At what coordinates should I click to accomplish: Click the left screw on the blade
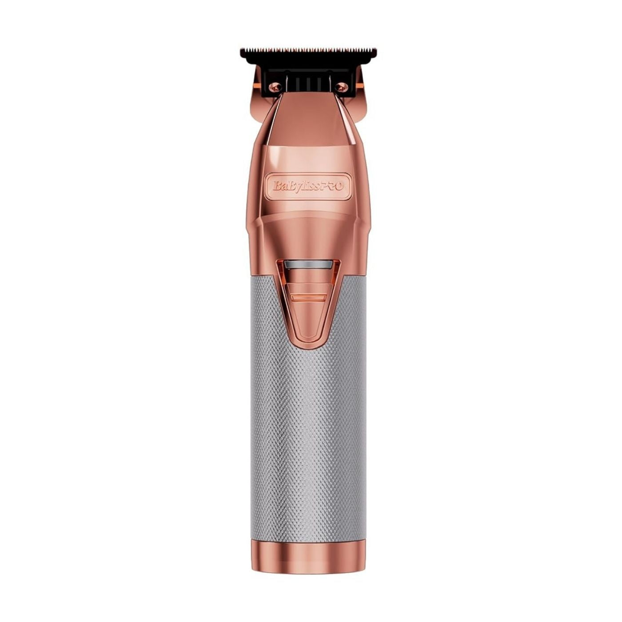click(x=275, y=88)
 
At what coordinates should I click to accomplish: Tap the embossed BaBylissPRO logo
click(x=308, y=186)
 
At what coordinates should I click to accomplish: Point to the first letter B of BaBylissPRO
click(x=276, y=186)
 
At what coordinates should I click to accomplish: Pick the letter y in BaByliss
click(x=296, y=187)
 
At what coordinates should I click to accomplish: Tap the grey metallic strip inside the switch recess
click(x=308, y=265)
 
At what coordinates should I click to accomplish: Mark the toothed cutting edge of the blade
click(x=308, y=49)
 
